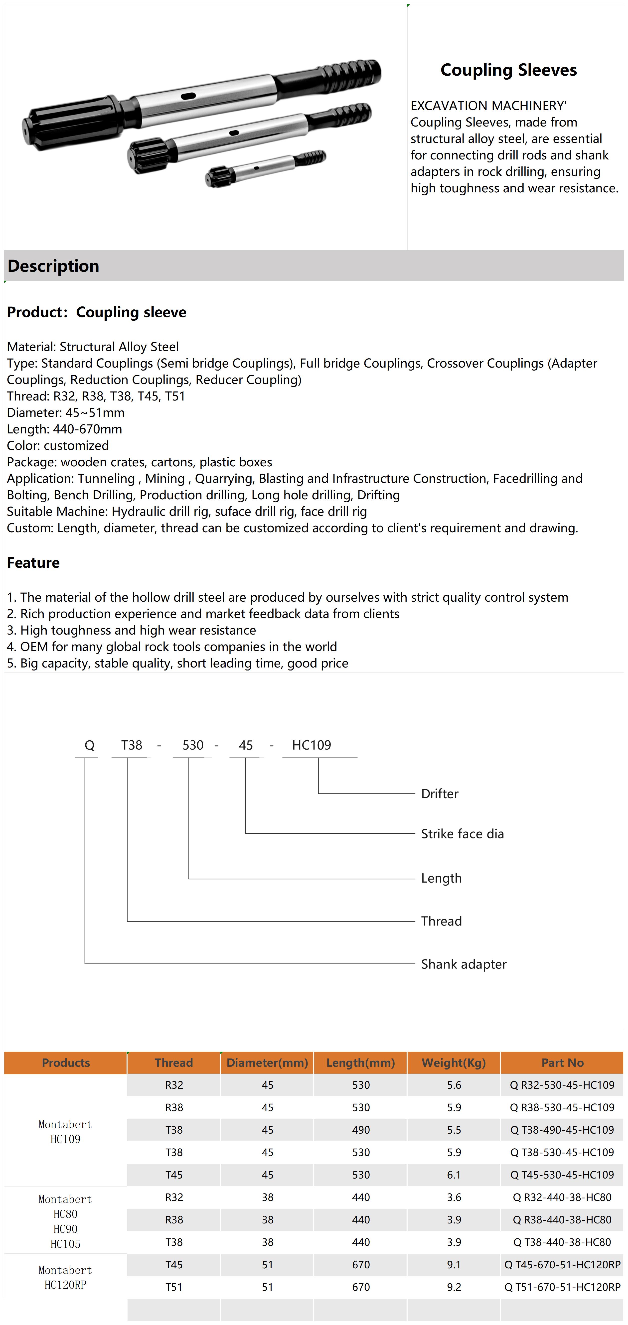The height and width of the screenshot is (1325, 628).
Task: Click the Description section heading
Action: (x=53, y=266)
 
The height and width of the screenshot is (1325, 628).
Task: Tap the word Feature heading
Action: (x=33, y=563)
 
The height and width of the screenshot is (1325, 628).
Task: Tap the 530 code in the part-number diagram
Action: (x=193, y=745)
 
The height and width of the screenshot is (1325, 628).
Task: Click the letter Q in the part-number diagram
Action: (x=90, y=745)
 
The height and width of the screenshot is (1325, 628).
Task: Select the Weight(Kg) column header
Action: (x=454, y=1063)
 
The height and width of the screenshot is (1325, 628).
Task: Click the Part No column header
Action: (x=562, y=1063)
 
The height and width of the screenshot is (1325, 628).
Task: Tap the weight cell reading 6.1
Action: (x=454, y=1175)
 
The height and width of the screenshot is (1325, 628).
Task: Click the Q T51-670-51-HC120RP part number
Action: (x=562, y=1287)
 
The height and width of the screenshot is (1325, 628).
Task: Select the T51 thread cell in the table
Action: (x=174, y=1287)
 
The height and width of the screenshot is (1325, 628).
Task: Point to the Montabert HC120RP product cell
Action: (x=65, y=1277)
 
